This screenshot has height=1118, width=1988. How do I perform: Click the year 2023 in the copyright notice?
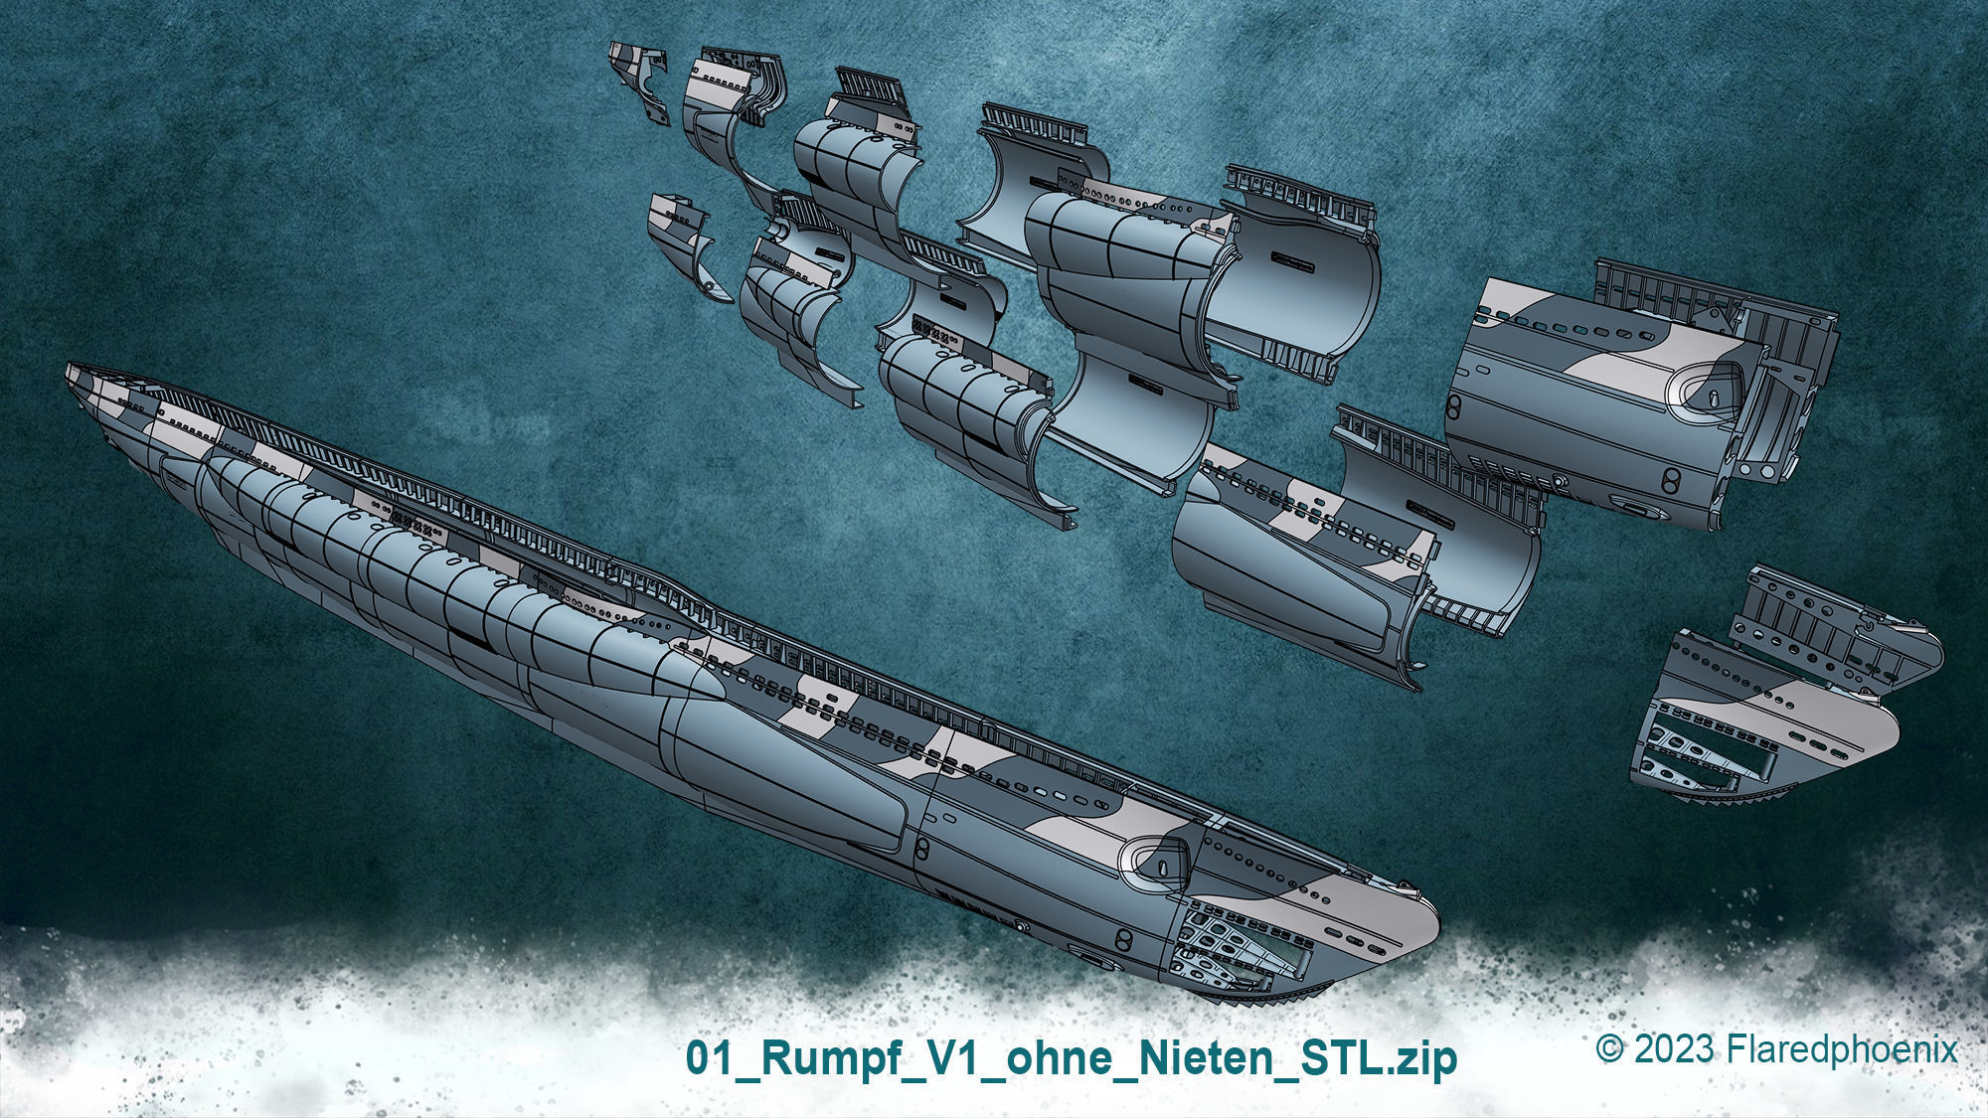point(1674,1049)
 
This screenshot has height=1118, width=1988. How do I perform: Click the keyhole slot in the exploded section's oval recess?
point(1715,395)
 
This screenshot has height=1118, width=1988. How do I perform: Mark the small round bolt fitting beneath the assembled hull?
point(1021,926)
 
